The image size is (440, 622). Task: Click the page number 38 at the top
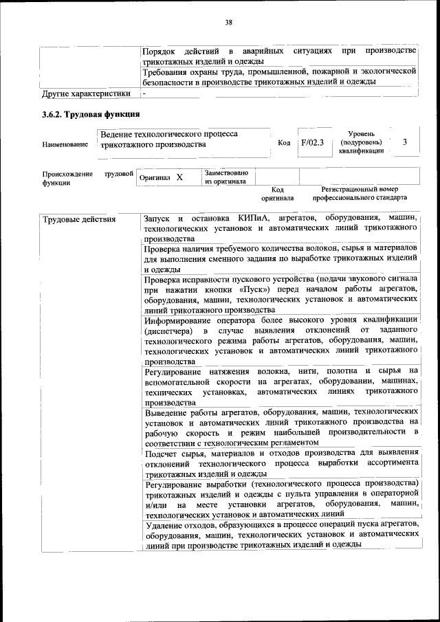[x=228, y=23]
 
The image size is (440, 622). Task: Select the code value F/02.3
[x=311, y=142]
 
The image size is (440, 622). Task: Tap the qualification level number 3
[x=405, y=142]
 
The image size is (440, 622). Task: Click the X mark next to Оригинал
[x=179, y=177]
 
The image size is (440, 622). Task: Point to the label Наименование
[x=65, y=144]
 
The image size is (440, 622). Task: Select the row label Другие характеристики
[x=86, y=93]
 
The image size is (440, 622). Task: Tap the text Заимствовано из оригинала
[x=225, y=177]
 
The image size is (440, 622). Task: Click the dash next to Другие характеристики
[x=145, y=93]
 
